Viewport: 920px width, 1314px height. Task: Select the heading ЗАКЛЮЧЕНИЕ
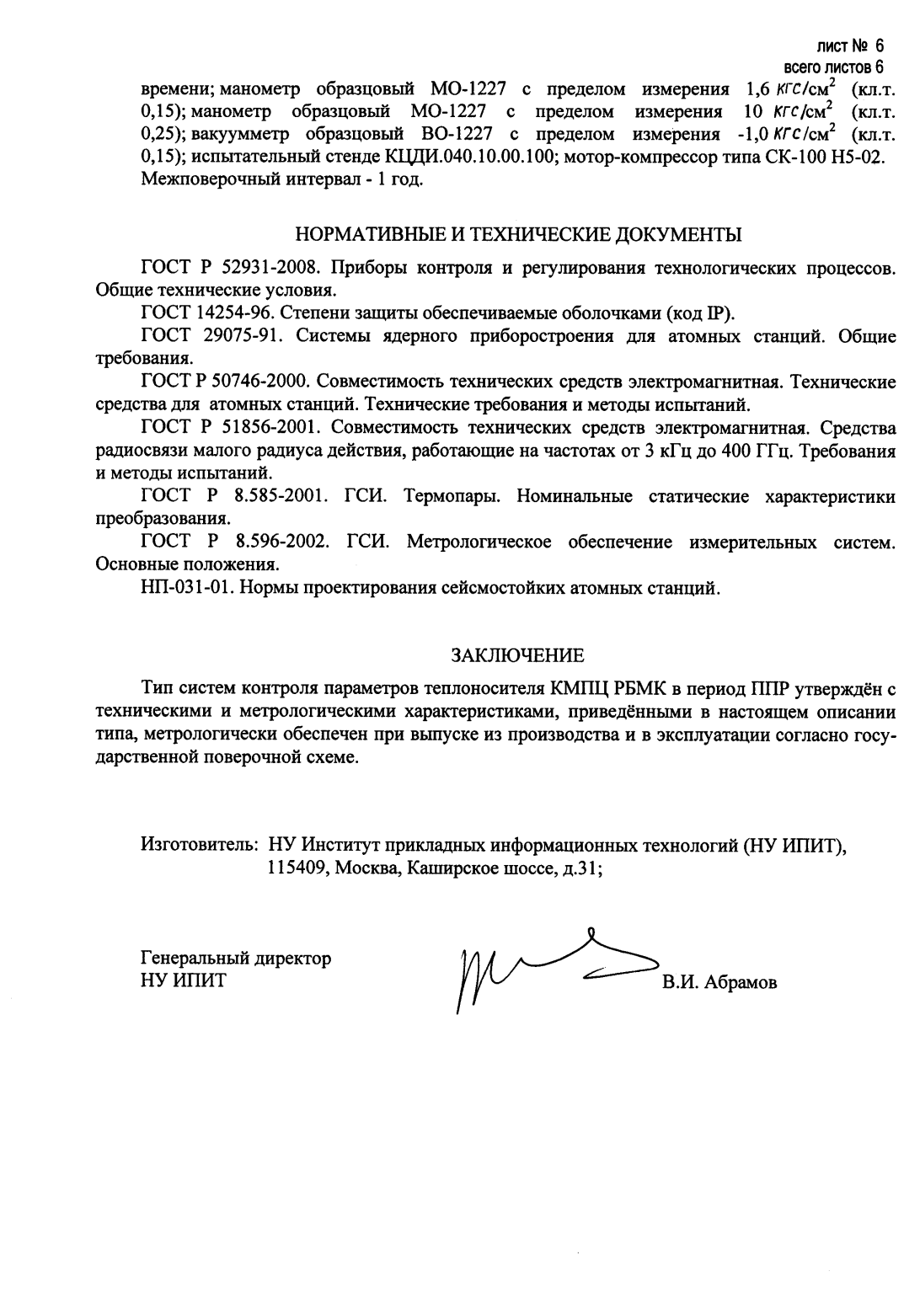517,654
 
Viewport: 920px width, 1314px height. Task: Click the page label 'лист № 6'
850,47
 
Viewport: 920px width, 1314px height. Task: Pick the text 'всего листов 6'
833,67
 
